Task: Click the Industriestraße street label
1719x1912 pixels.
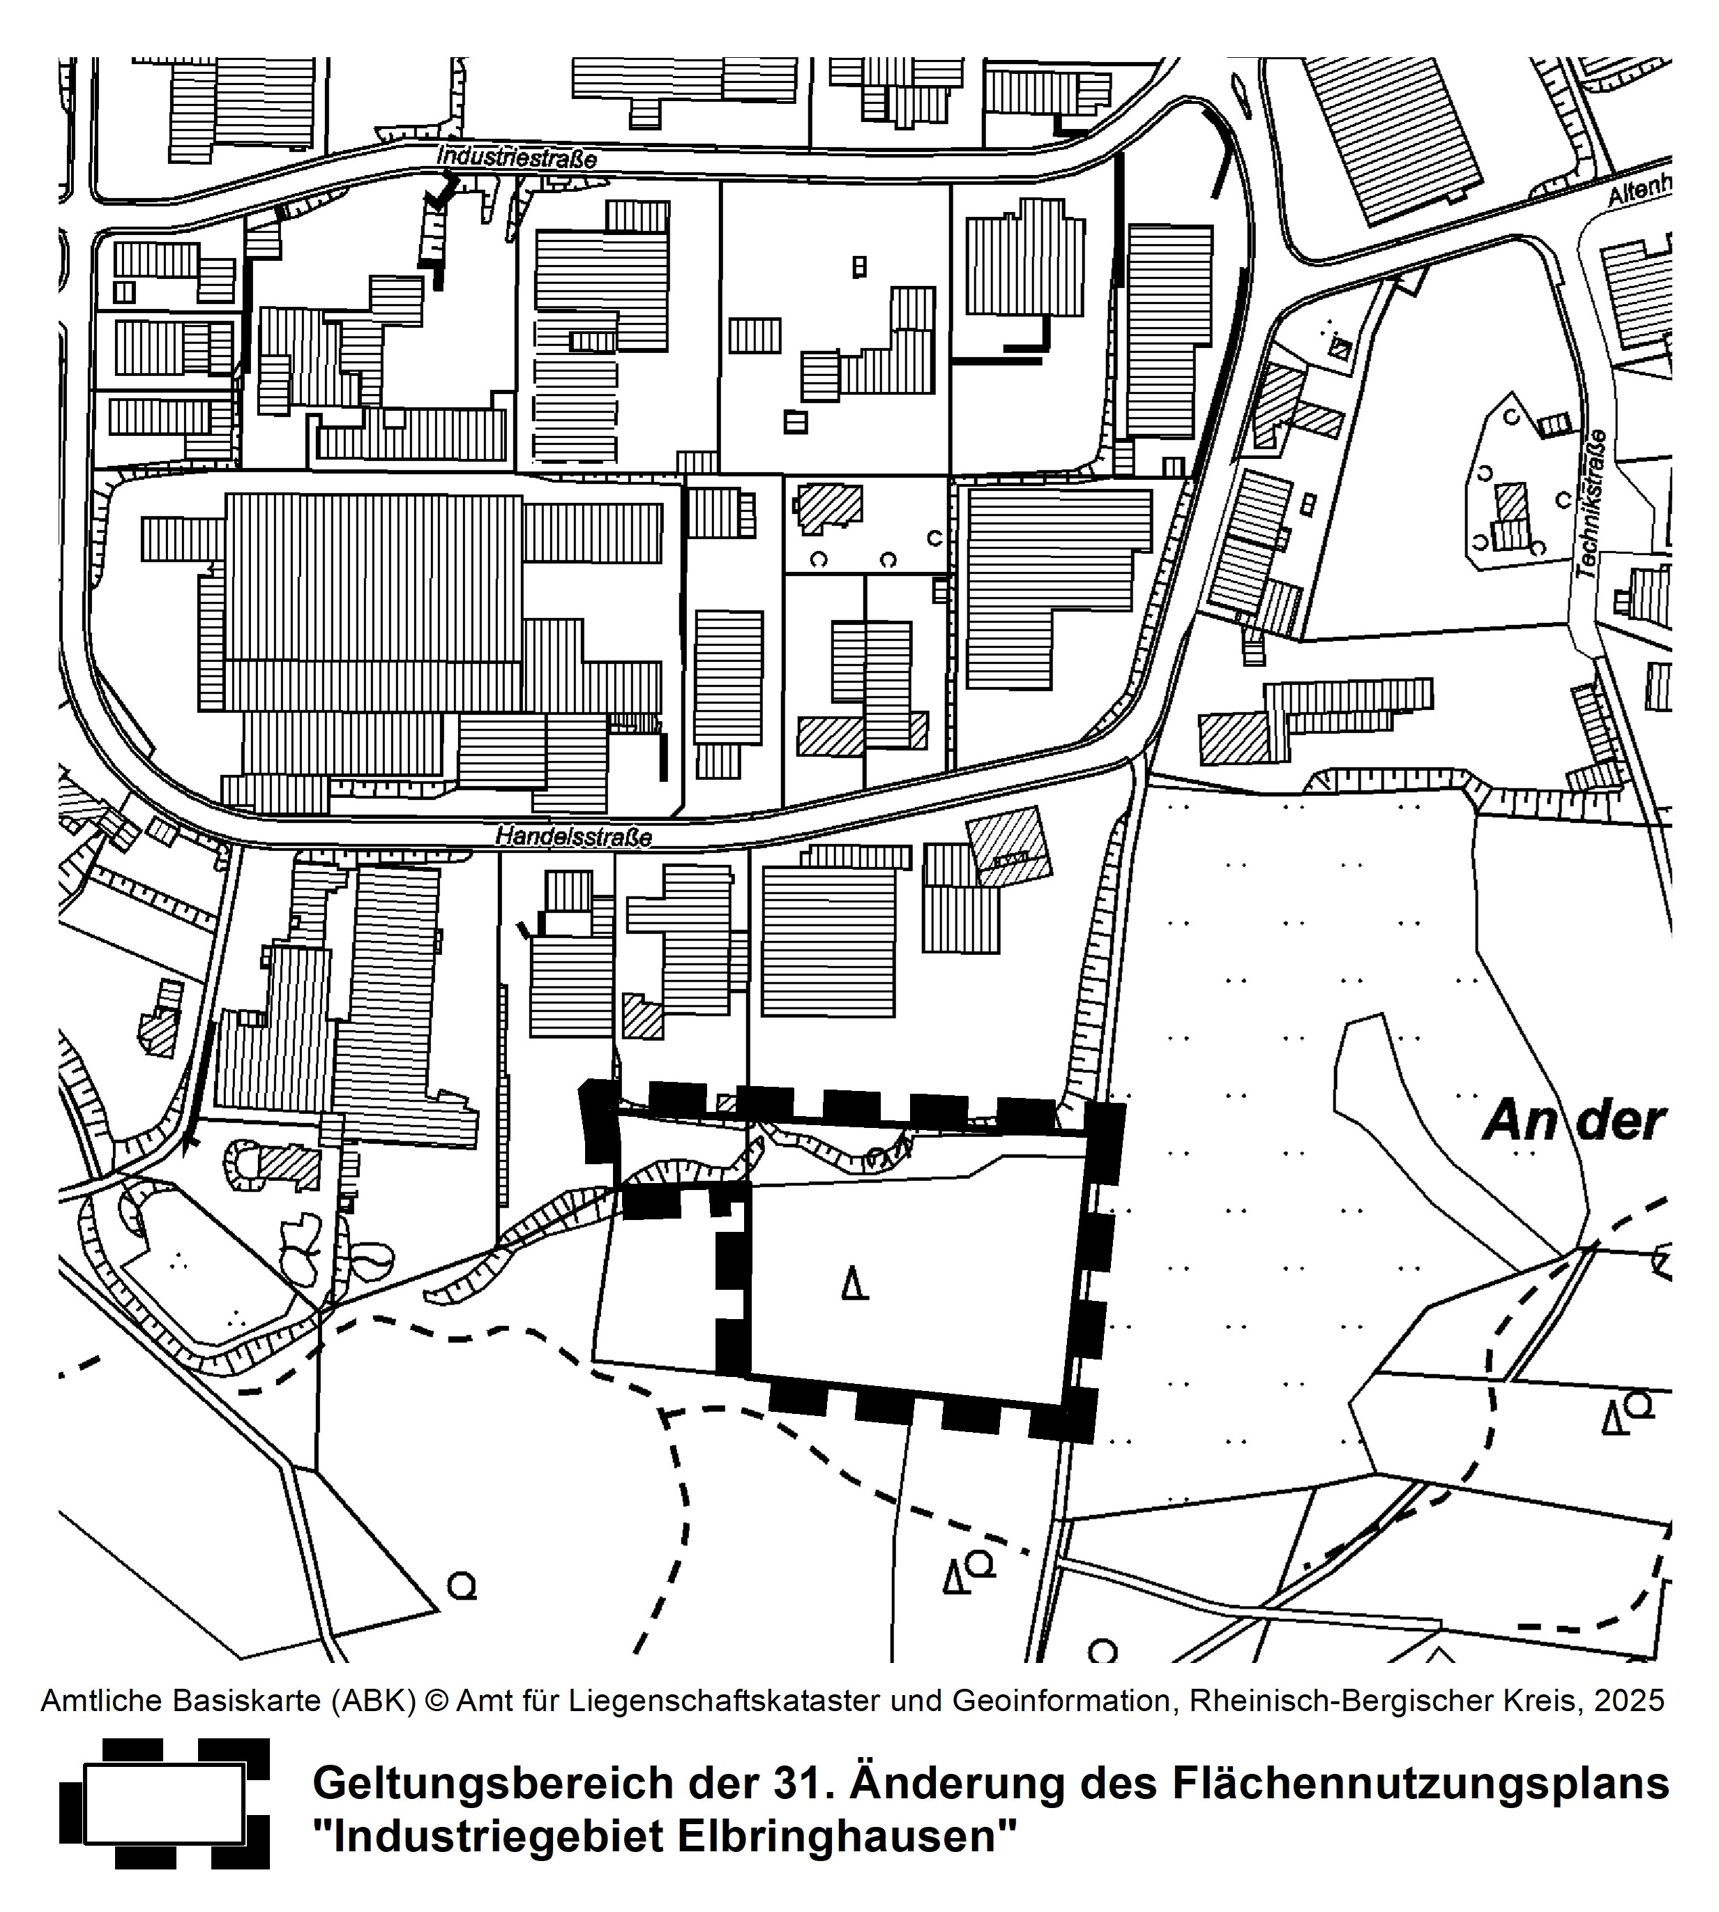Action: click(x=516, y=157)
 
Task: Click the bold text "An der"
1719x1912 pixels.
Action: click(x=1572, y=1122)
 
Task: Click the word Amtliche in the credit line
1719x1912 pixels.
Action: click(x=98, y=1701)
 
